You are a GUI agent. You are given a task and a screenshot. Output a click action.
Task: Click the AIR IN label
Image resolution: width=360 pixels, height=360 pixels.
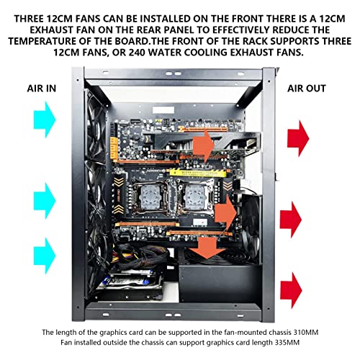click(x=42, y=89)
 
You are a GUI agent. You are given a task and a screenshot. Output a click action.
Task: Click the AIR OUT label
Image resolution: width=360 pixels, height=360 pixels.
click(x=307, y=89)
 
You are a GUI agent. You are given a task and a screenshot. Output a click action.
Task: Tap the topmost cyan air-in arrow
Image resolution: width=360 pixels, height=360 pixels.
click(x=45, y=120)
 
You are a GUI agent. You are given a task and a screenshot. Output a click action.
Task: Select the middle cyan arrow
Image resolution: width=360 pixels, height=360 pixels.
click(x=45, y=201)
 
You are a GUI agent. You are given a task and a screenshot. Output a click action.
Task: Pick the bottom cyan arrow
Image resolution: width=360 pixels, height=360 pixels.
click(x=45, y=256)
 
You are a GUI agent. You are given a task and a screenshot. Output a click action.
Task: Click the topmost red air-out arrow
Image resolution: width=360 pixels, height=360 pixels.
click(x=298, y=138)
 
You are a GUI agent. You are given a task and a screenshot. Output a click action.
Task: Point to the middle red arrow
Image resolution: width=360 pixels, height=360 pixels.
click(x=291, y=220)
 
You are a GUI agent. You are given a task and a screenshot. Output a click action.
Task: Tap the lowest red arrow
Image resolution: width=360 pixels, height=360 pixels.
click(x=291, y=290)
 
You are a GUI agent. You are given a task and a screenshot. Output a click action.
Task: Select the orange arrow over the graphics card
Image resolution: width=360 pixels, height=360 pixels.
click(x=204, y=145)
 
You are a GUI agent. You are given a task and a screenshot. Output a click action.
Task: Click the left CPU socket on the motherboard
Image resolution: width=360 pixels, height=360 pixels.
click(x=150, y=197)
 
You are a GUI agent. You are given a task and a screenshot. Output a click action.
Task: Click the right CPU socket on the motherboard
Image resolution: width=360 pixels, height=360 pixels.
click(x=196, y=197)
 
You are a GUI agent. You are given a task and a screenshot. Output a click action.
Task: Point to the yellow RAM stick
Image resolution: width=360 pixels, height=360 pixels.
click(x=198, y=173)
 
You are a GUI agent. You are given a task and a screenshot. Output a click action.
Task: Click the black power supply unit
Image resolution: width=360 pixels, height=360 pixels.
click(x=220, y=282)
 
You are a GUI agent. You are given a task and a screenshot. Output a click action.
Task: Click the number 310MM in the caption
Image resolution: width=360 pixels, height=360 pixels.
click(x=306, y=333)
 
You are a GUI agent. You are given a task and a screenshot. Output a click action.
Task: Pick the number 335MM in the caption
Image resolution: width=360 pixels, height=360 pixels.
click(x=287, y=342)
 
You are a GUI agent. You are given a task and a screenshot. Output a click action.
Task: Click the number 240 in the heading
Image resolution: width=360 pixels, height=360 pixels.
click(x=137, y=53)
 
